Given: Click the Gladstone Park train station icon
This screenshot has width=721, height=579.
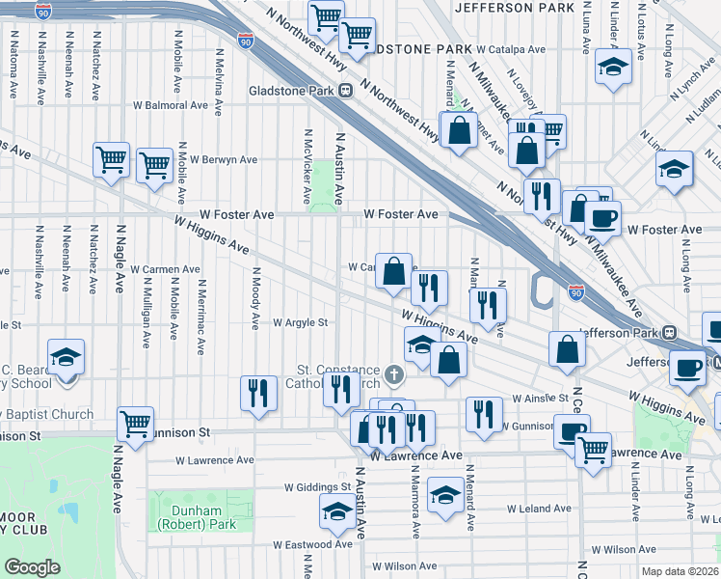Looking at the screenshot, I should pos(344,91).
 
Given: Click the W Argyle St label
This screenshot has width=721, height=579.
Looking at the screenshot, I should pos(301,323).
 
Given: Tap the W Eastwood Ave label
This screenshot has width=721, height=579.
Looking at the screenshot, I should pos(311,544).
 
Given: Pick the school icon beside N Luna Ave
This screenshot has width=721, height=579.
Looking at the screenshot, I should pos(612,68).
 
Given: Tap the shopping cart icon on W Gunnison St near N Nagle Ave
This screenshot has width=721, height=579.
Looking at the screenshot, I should pos(136,423).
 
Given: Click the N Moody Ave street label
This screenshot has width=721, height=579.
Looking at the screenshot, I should pos(255,296).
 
